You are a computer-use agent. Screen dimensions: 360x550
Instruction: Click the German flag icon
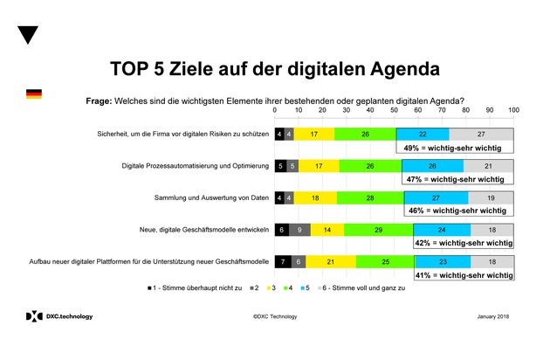click(x=34, y=93)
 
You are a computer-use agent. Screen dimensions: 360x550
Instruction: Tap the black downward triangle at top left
click(x=29, y=35)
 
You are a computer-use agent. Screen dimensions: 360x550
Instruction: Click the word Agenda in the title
click(x=392, y=67)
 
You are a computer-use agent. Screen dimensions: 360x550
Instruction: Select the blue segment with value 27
click(x=436, y=197)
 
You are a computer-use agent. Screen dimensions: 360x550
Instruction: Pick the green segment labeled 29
click(x=378, y=229)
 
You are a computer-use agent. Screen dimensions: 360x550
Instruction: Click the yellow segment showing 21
click(x=331, y=261)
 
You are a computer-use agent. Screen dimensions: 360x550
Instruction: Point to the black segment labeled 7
click(x=283, y=261)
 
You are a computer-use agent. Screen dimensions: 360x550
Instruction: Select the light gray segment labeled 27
click(x=481, y=134)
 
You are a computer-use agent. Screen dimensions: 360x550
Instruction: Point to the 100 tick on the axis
click(x=513, y=110)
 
